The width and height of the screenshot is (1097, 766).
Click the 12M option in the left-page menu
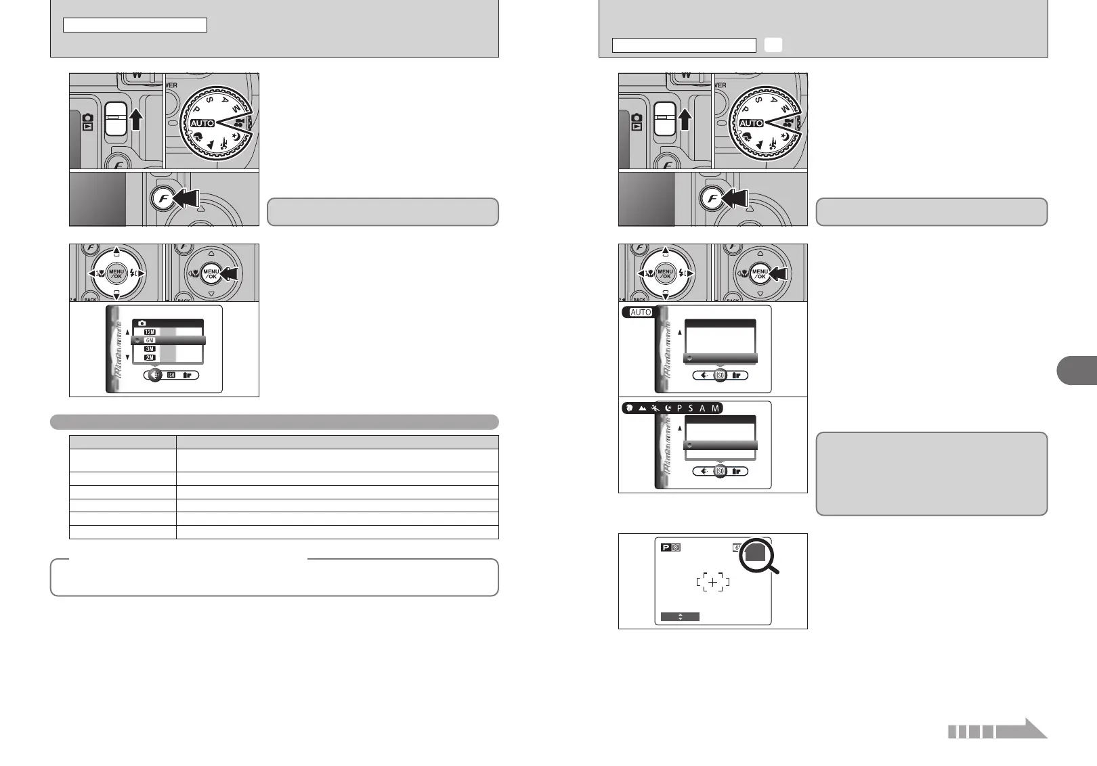pyautogui.click(x=150, y=332)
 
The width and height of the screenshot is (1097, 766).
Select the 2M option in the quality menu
pyautogui.click(x=150, y=357)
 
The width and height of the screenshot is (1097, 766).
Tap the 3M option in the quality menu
pyautogui.click(x=150, y=349)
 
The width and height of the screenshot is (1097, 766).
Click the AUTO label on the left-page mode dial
pyautogui.click(x=202, y=123)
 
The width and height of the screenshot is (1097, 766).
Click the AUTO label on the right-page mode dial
pyautogui.click(x=751, y=123)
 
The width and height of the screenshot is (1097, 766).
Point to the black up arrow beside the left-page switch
pyautogui.click(x=136, y=119)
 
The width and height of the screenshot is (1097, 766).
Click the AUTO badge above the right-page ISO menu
pyautogui.click(x=640, y=312)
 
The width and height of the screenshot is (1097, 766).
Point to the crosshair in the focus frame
pyautogui.click(x=712, y=582)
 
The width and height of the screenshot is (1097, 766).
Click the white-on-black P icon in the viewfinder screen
pyautogui.click(x=666, y=547)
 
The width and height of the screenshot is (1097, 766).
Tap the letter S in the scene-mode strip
pyautogui.click(x=690, y=408)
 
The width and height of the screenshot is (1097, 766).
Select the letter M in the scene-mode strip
pyautogui.click(x=715, y=408)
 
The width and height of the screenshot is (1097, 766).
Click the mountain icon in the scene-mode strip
pyautogui.click(x=641, y=408)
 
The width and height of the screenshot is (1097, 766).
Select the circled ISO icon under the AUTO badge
pyautogui.click(x=720, y=376)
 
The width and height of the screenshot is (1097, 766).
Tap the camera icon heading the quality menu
pyautogui.click(x=142, y=323)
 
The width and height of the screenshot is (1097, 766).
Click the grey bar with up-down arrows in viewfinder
pyautogui.click(x=680, y=616)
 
